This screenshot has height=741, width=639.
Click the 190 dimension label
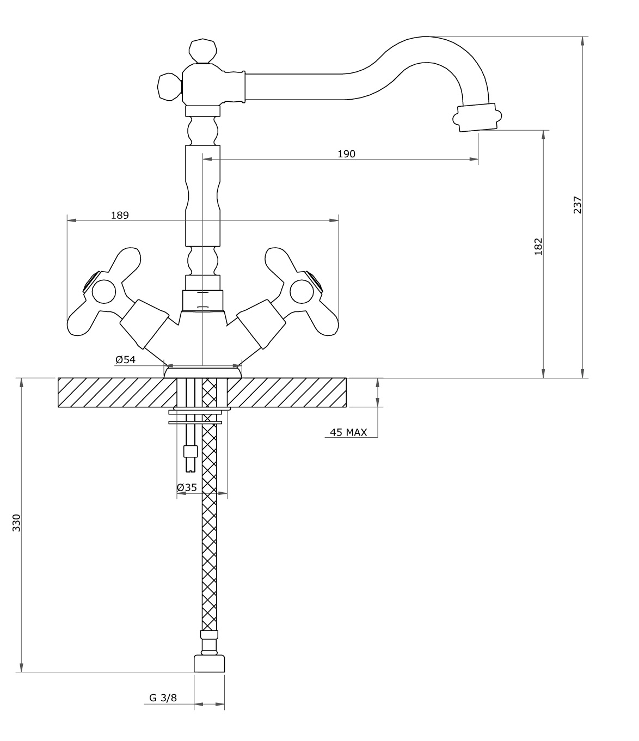[x=346, y=154]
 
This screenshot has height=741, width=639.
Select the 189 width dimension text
[x=120, y=215]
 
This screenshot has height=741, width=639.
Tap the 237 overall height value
[x=577, y=205]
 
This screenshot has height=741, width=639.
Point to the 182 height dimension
[x=538, y=246]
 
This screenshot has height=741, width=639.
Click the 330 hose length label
[x=16, y=522]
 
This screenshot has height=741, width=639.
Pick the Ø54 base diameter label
[x=125, y=359]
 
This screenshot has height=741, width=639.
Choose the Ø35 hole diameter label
[x=187, y=487]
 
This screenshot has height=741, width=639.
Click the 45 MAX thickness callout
[x=348, y=432]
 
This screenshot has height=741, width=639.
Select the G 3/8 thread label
[x=163, y=698]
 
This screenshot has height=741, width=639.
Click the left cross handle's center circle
[x=103, y=292]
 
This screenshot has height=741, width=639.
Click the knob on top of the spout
[x=202, y=51]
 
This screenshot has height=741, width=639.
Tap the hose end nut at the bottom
[x=210, y=664]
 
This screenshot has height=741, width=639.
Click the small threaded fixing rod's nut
[x=190, y=451]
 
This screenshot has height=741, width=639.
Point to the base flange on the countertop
[x=202, y=372]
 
